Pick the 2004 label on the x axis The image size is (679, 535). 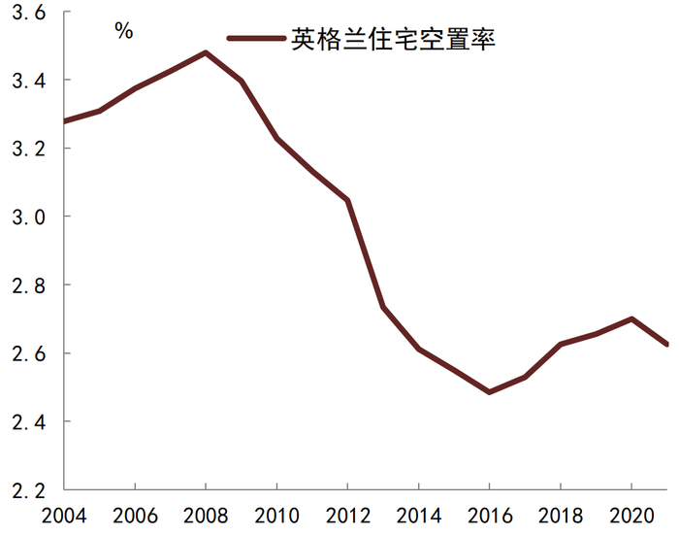coord(63,515)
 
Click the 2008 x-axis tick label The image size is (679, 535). coord(205,515)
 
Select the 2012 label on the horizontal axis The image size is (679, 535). coord(347,515)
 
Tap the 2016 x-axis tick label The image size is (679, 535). coord(489,515)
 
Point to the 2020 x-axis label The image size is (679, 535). coord(630,515)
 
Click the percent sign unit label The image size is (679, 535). coord(123,31)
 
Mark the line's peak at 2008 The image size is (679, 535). coord(205,52)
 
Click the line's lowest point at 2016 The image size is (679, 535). coord(489,392)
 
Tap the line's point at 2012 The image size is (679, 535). coord(347,200)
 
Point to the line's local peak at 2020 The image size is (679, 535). coord(631,318)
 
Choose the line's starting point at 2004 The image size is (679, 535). coord(64,121)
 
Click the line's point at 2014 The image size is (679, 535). coord(418,349)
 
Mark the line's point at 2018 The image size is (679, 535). coord(561,344)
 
